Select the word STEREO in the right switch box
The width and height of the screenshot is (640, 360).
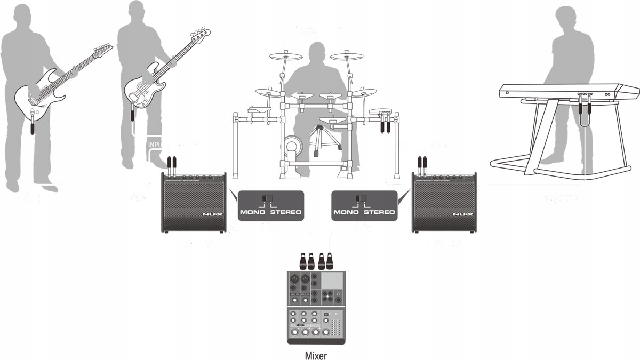(380, 212)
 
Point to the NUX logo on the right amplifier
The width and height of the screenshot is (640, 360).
(462, 215)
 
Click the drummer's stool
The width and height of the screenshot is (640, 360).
(320, 128)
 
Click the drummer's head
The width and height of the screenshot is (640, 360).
(318, 53)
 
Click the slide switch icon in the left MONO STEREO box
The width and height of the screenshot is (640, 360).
(266, 199)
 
